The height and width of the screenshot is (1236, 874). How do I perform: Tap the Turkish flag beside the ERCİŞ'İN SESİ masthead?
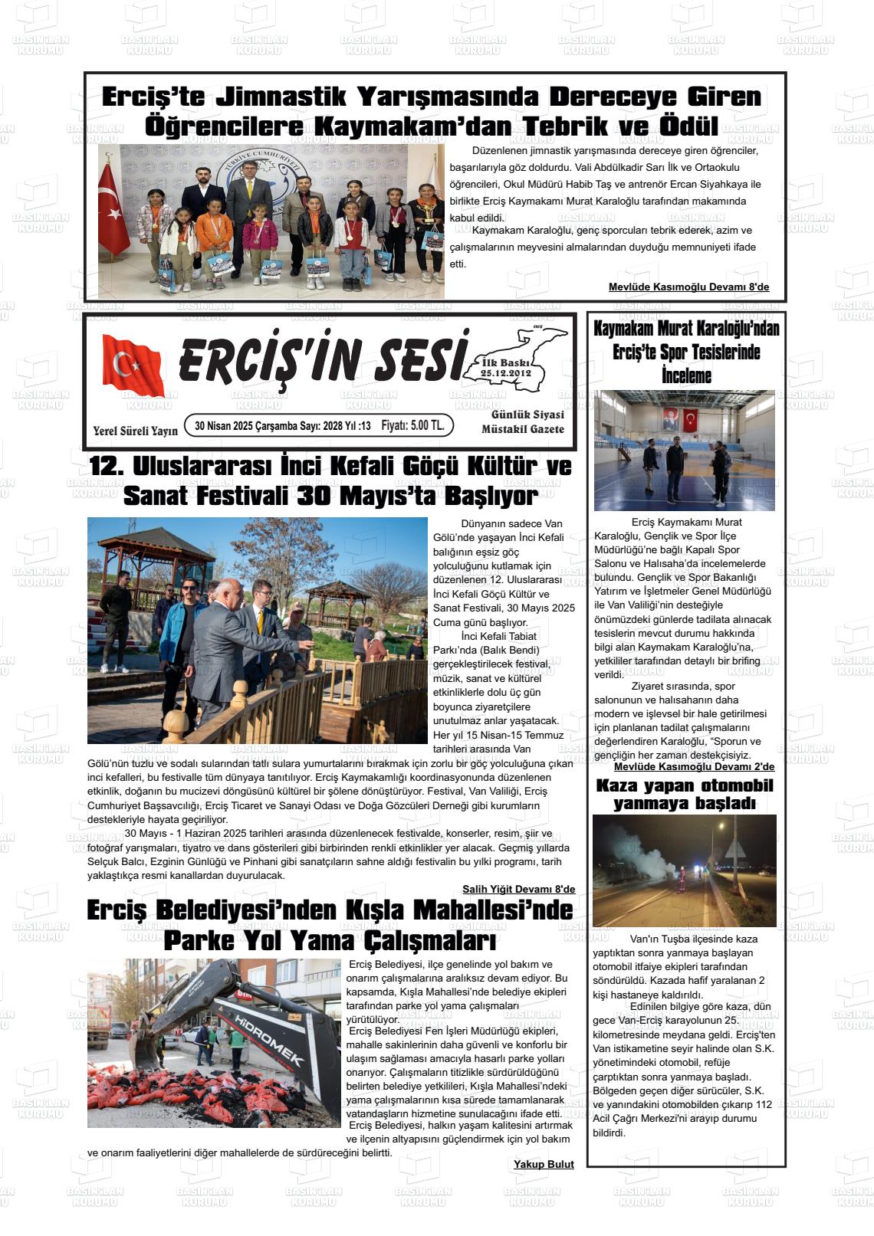pos(133,365)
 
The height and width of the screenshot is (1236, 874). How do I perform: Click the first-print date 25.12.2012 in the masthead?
pos(506,372)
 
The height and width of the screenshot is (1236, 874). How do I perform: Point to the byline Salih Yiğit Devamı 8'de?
pos(518,889)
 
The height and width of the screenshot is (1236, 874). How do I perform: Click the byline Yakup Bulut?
pos(544,1164)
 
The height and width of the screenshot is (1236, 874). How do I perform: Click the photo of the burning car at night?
pos(684,870)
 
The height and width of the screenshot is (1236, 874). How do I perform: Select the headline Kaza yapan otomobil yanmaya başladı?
pos(685,795)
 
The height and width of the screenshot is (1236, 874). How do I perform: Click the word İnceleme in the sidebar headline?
pos(686,376)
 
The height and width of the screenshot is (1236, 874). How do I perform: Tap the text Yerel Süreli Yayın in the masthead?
pos(135,431)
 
